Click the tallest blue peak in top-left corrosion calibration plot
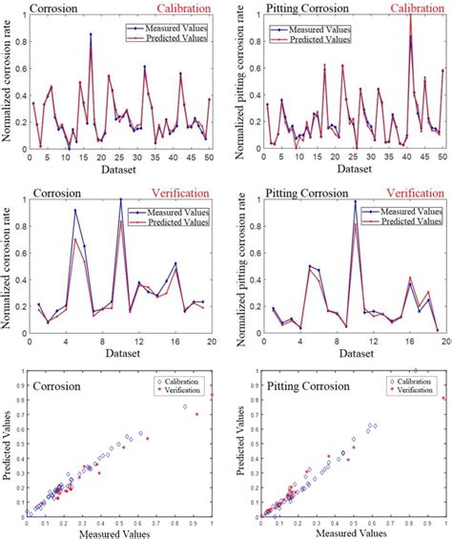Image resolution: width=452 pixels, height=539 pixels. point(91,34)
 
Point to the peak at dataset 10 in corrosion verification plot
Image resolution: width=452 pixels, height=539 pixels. point(120,199)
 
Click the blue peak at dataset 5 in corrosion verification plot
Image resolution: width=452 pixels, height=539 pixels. point(75,211)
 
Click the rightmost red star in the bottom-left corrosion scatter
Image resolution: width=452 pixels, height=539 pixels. point(212,393)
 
